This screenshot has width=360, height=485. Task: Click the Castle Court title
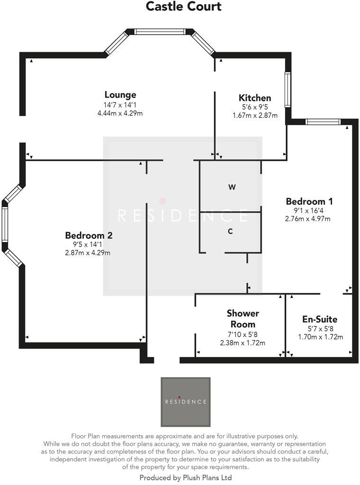click(x=183, y=7)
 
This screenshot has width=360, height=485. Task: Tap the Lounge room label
click(x=120, y=95)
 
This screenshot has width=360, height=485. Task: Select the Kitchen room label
click(x=255, y=98)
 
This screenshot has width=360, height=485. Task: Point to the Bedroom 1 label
click(x=306, y=201)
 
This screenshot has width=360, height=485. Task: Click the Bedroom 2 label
click(x=89, y=235)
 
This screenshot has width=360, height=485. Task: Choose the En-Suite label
click(x=320, y=319)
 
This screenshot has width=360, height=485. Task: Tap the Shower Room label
click(x=243, y=319)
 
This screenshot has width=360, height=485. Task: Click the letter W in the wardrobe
click(x=232, y=187)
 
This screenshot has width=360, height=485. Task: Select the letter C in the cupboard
click(x=230, y=232)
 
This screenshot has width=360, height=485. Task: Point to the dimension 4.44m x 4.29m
click(x=120, y=113)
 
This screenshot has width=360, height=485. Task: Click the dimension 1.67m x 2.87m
click(x=255, y=116)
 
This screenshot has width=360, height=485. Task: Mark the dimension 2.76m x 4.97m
click(x=307, y=219)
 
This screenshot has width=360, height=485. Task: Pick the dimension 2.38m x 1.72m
click(x=243, y=343)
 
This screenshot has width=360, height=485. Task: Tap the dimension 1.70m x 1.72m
click(x=320, y=337)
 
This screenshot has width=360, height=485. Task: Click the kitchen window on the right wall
click(x=287, y=89)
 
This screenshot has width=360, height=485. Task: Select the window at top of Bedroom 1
click(x=323, y=122)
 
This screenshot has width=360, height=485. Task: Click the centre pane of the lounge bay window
click(x=159, y=32)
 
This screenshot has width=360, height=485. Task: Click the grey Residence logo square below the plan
click(x=185, y=402)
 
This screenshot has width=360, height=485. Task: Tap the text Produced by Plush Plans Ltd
click(x=185, y=478)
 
